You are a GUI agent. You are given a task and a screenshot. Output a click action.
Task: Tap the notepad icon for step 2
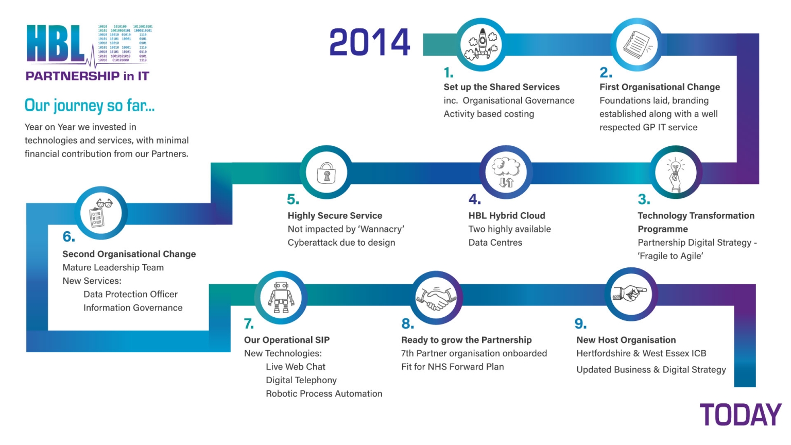637,44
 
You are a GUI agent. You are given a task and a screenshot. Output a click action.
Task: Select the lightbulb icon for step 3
675,173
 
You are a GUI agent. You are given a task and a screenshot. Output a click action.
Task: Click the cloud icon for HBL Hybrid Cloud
506,172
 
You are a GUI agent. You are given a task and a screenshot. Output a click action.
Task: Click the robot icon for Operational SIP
281,298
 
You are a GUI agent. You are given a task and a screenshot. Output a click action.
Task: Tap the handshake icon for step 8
436,297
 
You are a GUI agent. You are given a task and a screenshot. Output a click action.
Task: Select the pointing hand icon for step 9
629,294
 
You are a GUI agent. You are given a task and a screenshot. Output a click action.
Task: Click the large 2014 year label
369,42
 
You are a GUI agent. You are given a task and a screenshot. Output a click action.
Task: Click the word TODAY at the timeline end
740,415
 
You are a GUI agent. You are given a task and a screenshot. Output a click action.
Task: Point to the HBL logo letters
55,44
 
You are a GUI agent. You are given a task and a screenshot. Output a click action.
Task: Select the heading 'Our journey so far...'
90,106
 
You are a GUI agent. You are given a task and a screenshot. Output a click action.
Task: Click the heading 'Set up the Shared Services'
501,87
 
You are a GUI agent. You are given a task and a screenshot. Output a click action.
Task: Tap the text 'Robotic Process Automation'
324,393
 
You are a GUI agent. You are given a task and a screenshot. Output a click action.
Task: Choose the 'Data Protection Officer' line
130,294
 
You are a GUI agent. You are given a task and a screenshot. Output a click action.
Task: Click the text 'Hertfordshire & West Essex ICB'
641,353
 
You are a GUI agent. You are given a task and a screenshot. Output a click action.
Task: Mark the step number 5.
293,199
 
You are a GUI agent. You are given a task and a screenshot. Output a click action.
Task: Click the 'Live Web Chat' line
296,367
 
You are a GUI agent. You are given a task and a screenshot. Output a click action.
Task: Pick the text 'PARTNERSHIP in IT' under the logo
87,76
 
